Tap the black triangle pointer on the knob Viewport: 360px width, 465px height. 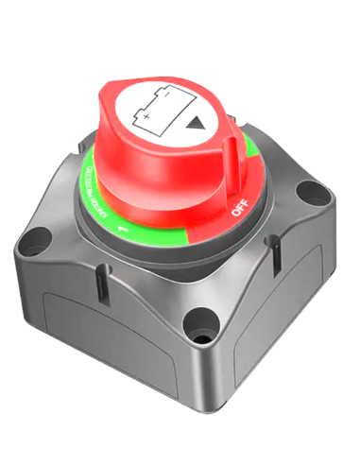[x=196, y=122]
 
